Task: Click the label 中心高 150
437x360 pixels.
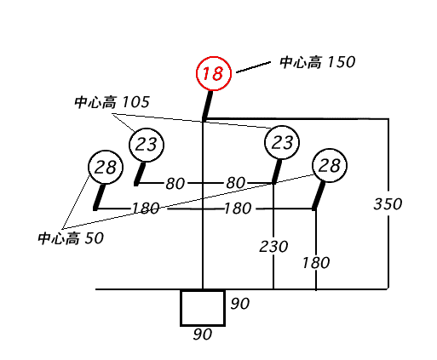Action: pyautogui.click(x=318, y=62)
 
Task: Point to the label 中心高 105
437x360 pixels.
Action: pyautogui.click(x=112, y=102)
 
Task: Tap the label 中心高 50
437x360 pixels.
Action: pyautogui.click(x=71, y=238)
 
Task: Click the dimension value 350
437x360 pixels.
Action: pyautogui.click(x=388, y=204)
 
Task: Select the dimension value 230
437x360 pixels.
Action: pyautogui.click(x=273, y=247)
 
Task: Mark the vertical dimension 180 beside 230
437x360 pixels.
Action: pyautogui.click(x=316, y=263)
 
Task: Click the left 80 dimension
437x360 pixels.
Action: pyautogui.click(x=175, y=184)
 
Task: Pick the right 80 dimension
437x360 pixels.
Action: pyautogui.click(x=235, y=183)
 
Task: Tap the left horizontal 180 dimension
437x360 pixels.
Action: pyautogui.click(x=146, y=209)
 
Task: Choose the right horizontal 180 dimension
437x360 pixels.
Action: pyautogui.click(x=238, y=209)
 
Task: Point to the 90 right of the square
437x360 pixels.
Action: pyautogui.click(x=240, y=304)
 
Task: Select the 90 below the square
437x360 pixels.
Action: pyautogui.click(x=203, y=334)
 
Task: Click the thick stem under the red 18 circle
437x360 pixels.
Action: pyautogui.click(x=207, y=105)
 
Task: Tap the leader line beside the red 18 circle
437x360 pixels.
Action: pyautogui.click(x=254, y=67)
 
